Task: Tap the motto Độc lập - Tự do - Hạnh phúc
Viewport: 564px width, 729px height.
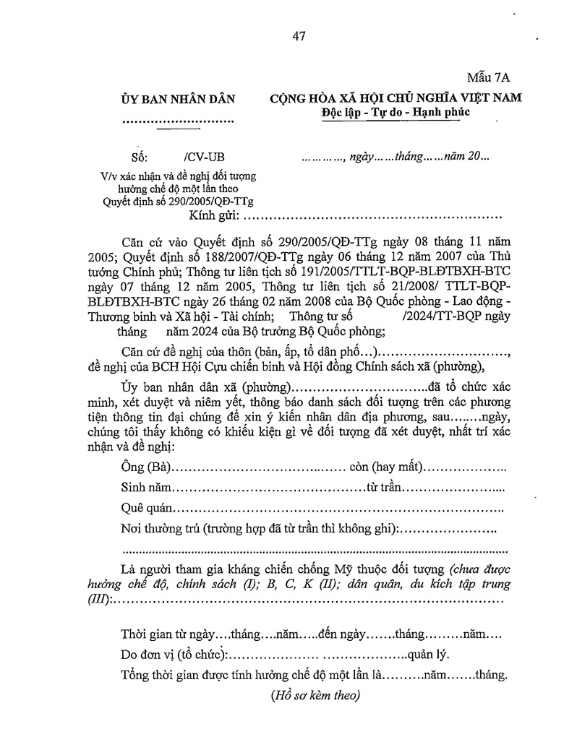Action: [396, 113]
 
